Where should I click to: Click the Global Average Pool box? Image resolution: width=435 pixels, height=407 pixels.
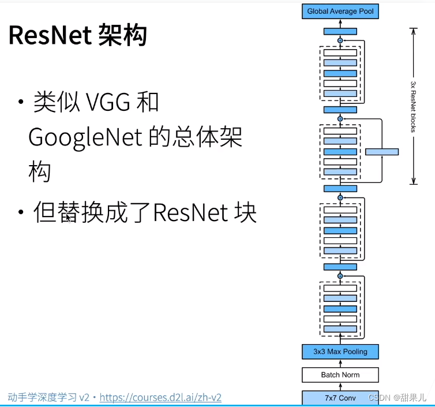pyautogui.click(x=340, y=11)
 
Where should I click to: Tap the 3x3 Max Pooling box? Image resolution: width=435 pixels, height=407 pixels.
pyautogui.click(x=340, y=351)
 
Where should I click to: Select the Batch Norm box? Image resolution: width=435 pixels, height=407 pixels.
pyautogui.click(x=340, y=375)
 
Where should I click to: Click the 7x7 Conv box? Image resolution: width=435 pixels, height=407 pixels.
pyautogui.click(x=340, y=397)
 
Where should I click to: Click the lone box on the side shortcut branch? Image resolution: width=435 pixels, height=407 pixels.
pyautogui.click(x=381, y=152)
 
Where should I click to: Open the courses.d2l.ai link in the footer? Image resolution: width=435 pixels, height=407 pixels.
pyautogui.click(x=160, y=397)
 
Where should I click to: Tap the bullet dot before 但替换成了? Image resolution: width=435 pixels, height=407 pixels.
pyautogui.click(x=21, y=214)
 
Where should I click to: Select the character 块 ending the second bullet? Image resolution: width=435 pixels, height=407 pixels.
pyautogui.click(x=243, y=213)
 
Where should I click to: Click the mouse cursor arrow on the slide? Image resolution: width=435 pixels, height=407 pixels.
pyautogui.click(x=69, y=219)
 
